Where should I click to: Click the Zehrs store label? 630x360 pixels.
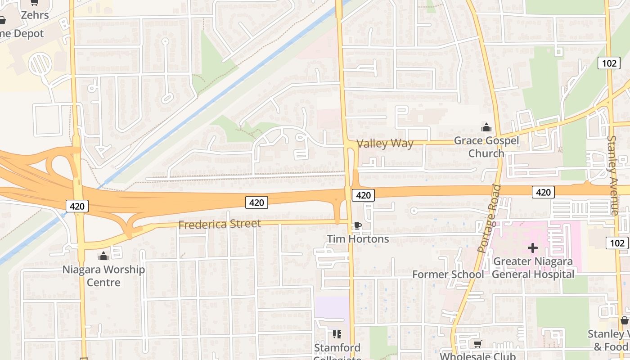click(35, 15)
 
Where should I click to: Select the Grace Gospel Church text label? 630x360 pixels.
click(486, 147)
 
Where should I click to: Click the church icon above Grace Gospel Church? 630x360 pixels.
click(486, 128)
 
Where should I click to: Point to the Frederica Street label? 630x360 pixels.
click(220, 224)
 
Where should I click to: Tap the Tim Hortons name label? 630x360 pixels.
click(358, 239)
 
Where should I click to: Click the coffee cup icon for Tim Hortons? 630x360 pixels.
click(357, 226)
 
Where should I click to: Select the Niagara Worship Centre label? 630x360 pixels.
click(103, 276)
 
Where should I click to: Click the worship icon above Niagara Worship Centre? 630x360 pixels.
click(103, 256)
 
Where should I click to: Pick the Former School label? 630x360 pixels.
click(448, 274)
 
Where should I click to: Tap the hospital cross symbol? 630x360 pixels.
click(533, 248)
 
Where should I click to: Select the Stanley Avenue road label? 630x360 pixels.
click(613, 175)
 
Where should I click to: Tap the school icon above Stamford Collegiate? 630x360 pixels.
click(337, 334)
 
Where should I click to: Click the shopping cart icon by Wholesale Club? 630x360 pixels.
click(477, 344)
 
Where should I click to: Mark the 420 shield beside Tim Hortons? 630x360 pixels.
click(363, 195)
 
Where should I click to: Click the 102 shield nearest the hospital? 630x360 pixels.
click(617, 243)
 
